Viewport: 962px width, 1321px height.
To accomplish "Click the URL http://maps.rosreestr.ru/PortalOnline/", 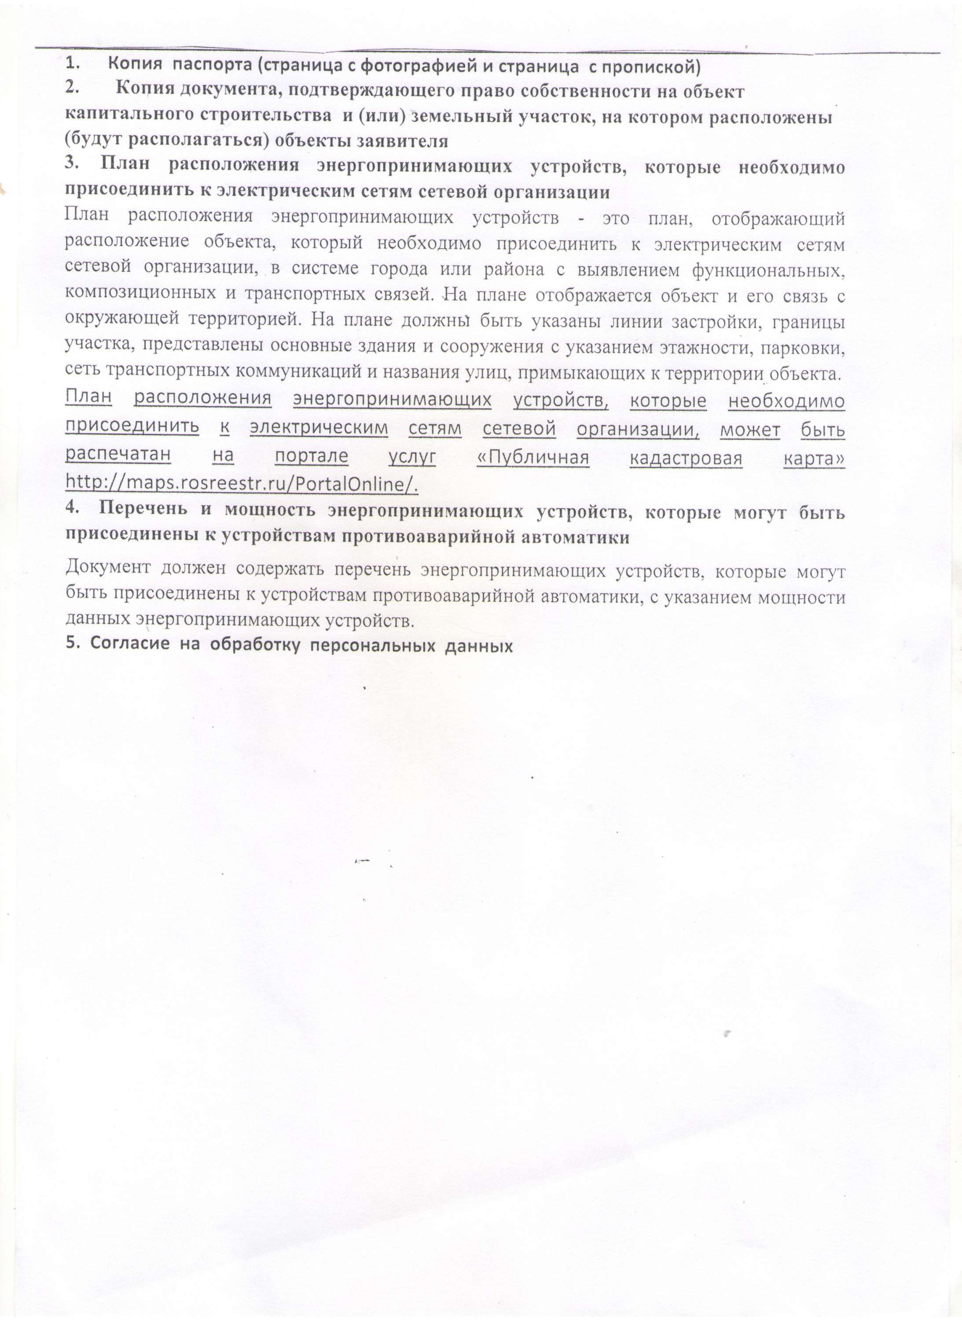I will [242, 483].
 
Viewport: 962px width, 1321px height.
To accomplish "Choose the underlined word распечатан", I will [117, 454].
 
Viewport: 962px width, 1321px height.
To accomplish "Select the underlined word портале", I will [312, 456].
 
